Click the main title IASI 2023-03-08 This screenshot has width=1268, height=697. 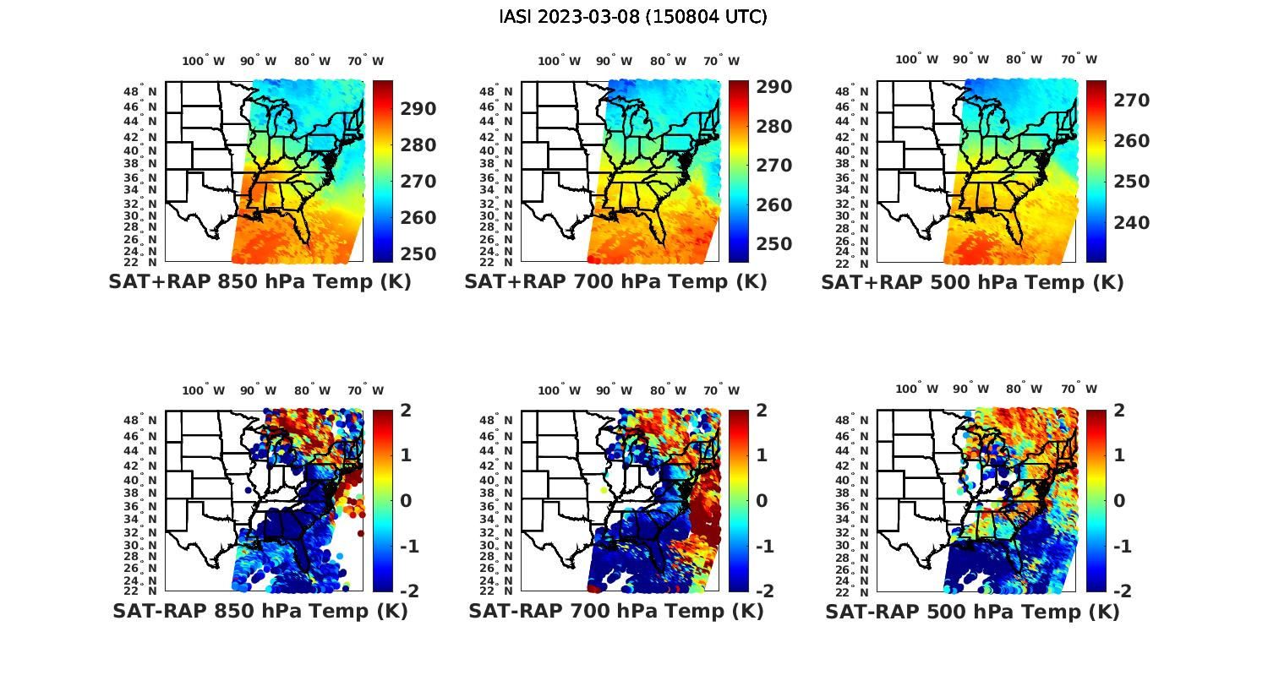coord(633,17)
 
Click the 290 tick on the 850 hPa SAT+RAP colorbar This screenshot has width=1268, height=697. coord(418,109)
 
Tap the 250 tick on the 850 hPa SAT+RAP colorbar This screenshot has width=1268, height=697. coord(418,254)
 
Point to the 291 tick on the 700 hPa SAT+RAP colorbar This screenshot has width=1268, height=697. coord(773,87)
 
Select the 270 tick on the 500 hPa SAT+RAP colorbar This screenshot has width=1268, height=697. coord(1132,101)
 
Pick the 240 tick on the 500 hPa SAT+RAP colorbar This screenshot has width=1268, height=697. coord(1132,222)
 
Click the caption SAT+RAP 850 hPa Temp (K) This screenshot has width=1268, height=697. coord(260,282)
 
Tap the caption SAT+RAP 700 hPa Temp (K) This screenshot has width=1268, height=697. coord(615,282)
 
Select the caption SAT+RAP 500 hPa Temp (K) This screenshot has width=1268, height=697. coord(972,282)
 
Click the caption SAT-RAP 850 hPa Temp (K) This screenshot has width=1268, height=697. coord(260,611)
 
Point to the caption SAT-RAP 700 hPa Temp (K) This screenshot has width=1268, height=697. coord(615,611)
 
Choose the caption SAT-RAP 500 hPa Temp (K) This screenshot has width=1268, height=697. coord(972,611)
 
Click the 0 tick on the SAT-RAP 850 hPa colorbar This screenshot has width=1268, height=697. coord(406,500)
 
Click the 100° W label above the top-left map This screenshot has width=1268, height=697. coord(204,61)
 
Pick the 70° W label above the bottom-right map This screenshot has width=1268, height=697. coord(1079,390)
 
